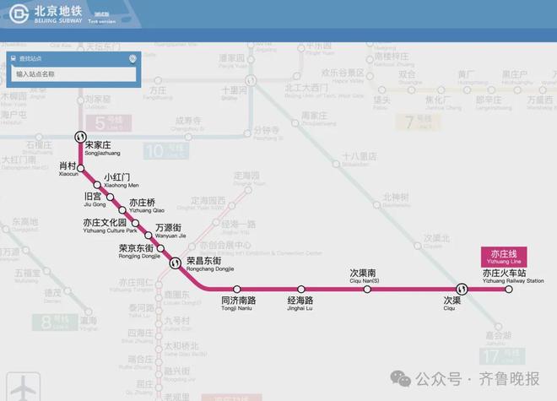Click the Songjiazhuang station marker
tap(80, 135)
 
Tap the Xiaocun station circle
tap(82, 167)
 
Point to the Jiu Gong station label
tap(95, 200)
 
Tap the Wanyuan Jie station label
tap(170, 230)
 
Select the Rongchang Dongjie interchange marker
tap(175, 263)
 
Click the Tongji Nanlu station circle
tap(237, 290)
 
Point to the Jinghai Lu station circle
tap(300, 290)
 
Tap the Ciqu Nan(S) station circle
tap(367, 290)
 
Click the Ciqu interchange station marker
tap(462, 289)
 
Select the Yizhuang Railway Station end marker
tap(508, 290)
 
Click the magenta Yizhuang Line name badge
tap(504, 257)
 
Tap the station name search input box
tap(74, 74)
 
